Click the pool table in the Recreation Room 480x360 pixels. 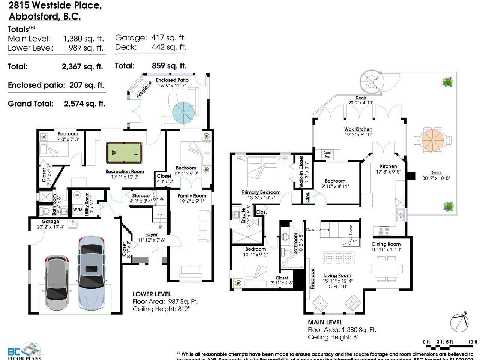pos(124,152)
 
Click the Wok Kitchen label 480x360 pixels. pos(358,129)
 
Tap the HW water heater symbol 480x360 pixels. pos(77,195)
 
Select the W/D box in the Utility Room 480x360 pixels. pos(78,209)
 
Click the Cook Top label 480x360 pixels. pos(327,154)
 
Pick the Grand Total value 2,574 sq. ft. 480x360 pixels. pos(84,104)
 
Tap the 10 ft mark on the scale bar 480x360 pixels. pos(472,342)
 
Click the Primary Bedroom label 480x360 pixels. pos(261,192)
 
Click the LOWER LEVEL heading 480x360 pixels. pos(151,294)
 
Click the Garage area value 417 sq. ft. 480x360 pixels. pos(168,38)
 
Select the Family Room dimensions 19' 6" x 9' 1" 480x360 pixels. pos(192,201)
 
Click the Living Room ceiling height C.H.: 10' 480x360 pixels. pos(338,286)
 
